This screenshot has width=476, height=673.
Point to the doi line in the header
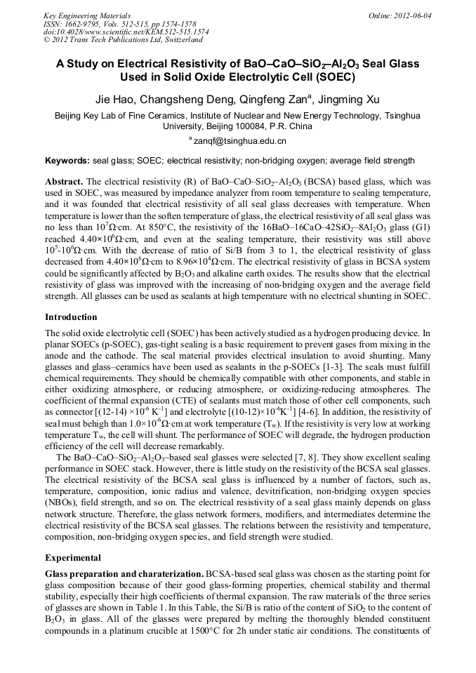[x=126, y=32]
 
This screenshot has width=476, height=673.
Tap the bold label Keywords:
[x=67, y=161]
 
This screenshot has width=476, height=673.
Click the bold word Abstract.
[x=64, y=181]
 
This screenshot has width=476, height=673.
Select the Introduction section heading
[x=71, y=317]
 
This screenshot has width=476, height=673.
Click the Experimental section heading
[x=72, y=558]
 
